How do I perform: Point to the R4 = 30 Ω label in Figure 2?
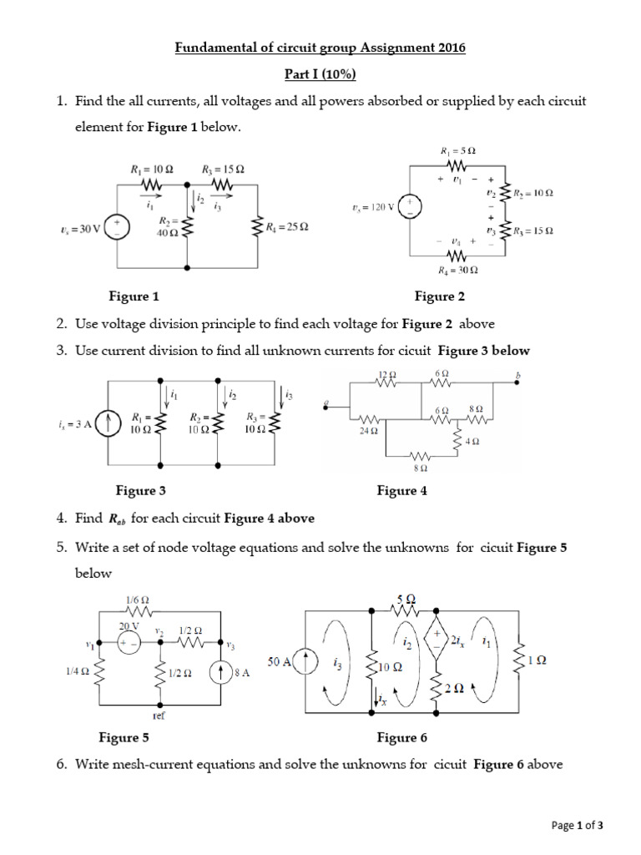point(459,271)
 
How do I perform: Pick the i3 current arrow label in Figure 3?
point(289,393)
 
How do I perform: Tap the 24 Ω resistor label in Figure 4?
point(368,432)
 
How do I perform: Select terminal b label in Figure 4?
point(517,375)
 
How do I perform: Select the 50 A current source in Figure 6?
point(305,661)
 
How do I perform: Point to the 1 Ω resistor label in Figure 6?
point(539,660)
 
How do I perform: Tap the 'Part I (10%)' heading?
point(320,75)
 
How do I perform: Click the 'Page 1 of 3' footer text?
point(578,826)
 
